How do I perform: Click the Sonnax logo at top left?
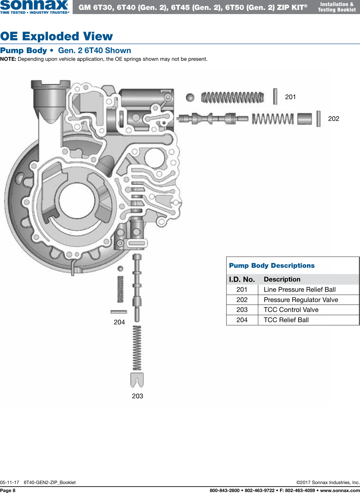pyautogui.click(x=34, y=6)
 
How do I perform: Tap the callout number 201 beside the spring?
pyautogui.click(x=290, y=97)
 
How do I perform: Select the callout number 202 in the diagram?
pyautogui.click(x=333, y=119)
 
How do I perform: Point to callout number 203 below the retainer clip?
pyautogui.click(x=137, y=396)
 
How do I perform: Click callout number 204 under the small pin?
pyautogui.click(x=119, y=322)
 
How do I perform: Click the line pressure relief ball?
pyautogui.click(x=190, y=97)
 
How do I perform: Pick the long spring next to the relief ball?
pyautogui.click(x=233, y=98)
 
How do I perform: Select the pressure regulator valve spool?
pyautogui.click(x=212, y=119)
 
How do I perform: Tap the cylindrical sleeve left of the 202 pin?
pyautogui.click(x=304, y=119)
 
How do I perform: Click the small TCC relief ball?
pyautogui.click(x=120, y=268)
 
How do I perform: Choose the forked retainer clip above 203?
pyautogui.click(x=137, y=380)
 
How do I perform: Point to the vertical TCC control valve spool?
pyautogui.click(x=137, y=288)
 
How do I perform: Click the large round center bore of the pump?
pyautogui.click(x=77, y=202)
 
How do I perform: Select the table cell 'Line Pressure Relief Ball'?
pyautogui.click(x=300, y=290)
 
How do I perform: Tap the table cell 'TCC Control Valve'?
pyautogui.click(x=291, y=310)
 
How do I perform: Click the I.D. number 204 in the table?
pyautogui.click(x=242, y=320)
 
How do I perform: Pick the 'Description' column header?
pyautogui.click(x=282, y=279)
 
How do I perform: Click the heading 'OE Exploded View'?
pyautogui.click(x=57, y=36)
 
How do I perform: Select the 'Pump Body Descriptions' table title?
pyautogui.click(x=272, y=266)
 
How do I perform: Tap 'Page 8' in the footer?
pyautogui.click(x=8, y=490)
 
